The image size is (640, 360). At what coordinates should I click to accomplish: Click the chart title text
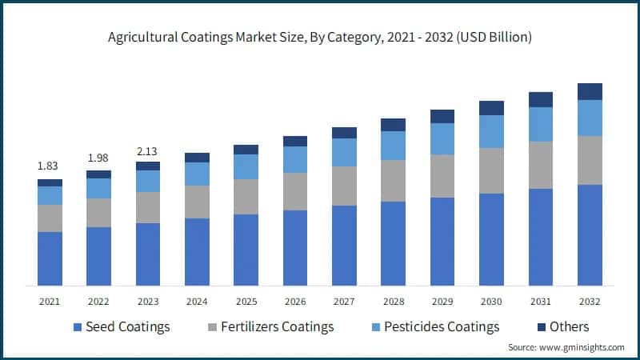click(x=320, y=38)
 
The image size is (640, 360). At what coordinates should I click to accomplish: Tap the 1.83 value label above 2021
click(x=50, y=166)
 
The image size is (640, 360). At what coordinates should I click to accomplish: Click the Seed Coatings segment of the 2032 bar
click(x=590, y=234)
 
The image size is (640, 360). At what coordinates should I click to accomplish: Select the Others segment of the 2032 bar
click(x=590, y=91)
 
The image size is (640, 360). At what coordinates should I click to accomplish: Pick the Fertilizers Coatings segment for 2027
click(x=344, y=186)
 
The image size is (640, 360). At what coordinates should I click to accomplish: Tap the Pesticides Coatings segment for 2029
click(x=442, y=138)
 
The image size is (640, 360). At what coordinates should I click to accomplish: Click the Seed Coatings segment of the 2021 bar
click(x=50, y=258)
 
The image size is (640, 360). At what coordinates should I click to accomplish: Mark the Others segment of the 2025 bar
click(x=246, y=150)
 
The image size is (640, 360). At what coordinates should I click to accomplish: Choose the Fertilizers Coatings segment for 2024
click(x=197, y=202)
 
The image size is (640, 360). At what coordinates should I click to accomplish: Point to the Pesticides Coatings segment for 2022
click(x=98, y=188)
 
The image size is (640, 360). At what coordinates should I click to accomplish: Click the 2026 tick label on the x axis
click(x=295, y=302)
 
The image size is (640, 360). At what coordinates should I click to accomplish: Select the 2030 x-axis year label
click(x=491, y=302)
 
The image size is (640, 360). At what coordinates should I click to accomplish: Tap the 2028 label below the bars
click(x=393, y=302)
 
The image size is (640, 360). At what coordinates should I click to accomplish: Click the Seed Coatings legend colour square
click(x=78, y=327)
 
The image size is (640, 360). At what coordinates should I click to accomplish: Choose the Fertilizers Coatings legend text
click(x=277, y=326)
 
